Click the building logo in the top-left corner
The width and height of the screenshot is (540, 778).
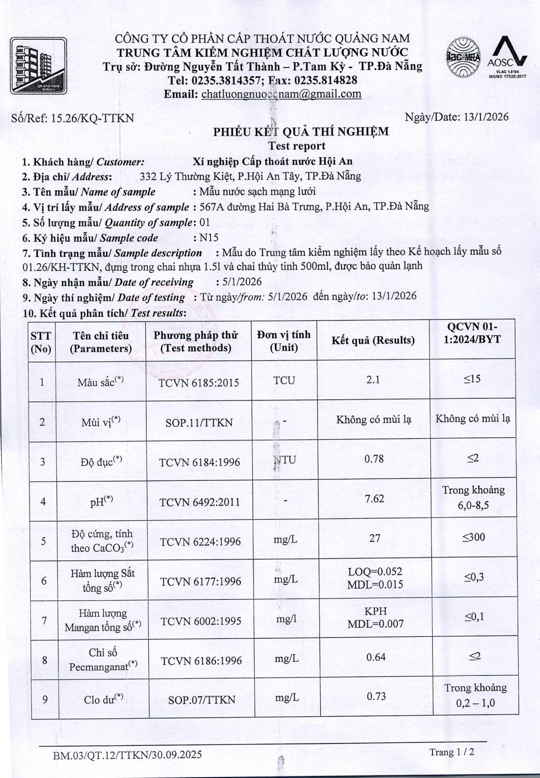pyautogui.click(x=38, y=65)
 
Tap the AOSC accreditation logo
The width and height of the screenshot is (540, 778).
pyautogui.click(x=507, y=58)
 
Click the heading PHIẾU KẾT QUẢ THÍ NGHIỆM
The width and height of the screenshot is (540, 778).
pyautogui.click(x=301, y=132)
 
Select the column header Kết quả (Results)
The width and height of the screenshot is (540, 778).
pyautogui.click(x=373, y=340)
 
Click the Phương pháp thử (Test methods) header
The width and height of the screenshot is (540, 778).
pyautogui.click(x=196, y=341)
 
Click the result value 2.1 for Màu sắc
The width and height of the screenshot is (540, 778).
pyautogui.click(x=373, y=380)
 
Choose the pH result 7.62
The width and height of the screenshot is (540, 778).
pyautogui.click(x=375, y=498)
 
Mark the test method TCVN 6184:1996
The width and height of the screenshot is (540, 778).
pyautogui.click(x=199, y=462)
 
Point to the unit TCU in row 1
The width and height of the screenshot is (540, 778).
pyautogui.click(x=284, y=380)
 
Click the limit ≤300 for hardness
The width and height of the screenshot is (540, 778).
pyautogui.click(x=474, y=537)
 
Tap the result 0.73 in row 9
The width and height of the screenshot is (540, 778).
pyautogui.click(x=376, y=696)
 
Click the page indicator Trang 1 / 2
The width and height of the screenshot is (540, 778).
pyautogui.click(x=451, y=752)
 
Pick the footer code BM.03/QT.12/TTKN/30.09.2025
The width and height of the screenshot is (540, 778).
pyautogui.click(x=128, y=755)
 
